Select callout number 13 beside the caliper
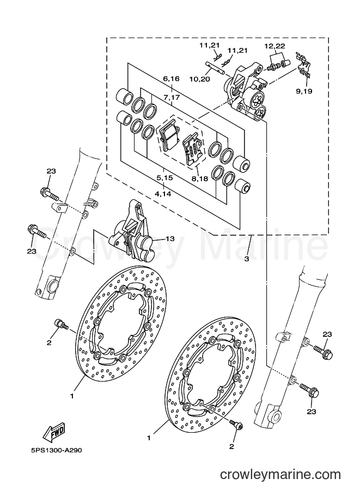tap(170, 238)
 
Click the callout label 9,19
tap(304, 91)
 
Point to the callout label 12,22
tap(274, 46)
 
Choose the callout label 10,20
tap(200, 79)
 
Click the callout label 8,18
tap(200, 179)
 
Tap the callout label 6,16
tap(171, 78)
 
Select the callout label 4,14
tap(163, 193)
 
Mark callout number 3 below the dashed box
tap(247, 259)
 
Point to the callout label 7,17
tap(172, 97)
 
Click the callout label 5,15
tap(164, 178)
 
